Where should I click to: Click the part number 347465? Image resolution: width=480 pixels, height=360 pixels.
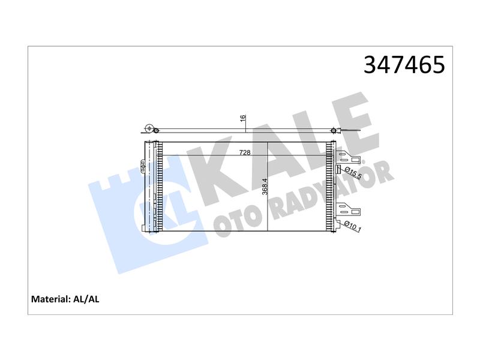tap(404, 65)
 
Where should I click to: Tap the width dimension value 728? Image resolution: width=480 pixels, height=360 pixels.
tap(245, 152)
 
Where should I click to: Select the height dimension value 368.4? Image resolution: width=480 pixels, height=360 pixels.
tap(265, 187)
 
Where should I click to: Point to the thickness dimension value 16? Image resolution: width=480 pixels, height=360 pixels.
tap(243, 118)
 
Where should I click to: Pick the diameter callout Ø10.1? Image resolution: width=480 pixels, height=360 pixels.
tap(353, 226)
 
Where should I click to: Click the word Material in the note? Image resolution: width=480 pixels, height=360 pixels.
tap(50, 299)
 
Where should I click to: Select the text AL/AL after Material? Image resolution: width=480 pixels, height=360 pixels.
tap(86, 299)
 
